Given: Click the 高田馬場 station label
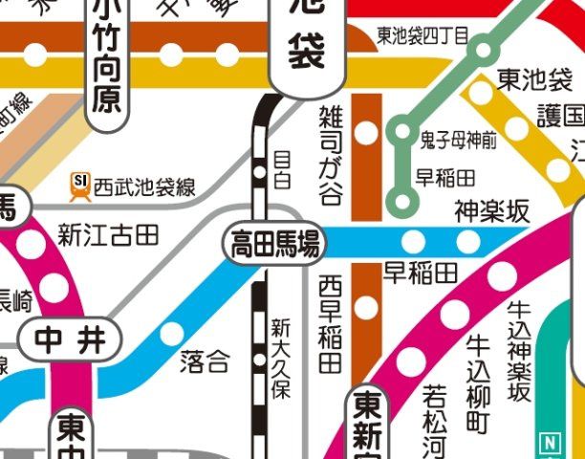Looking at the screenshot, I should (272, 244).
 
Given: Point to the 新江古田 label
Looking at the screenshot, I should (107, 232).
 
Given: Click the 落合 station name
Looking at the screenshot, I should (205, 361).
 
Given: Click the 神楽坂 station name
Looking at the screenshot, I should (491, 211).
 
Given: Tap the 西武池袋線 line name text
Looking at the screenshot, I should (144, 187).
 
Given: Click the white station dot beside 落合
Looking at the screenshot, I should (172, 334).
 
